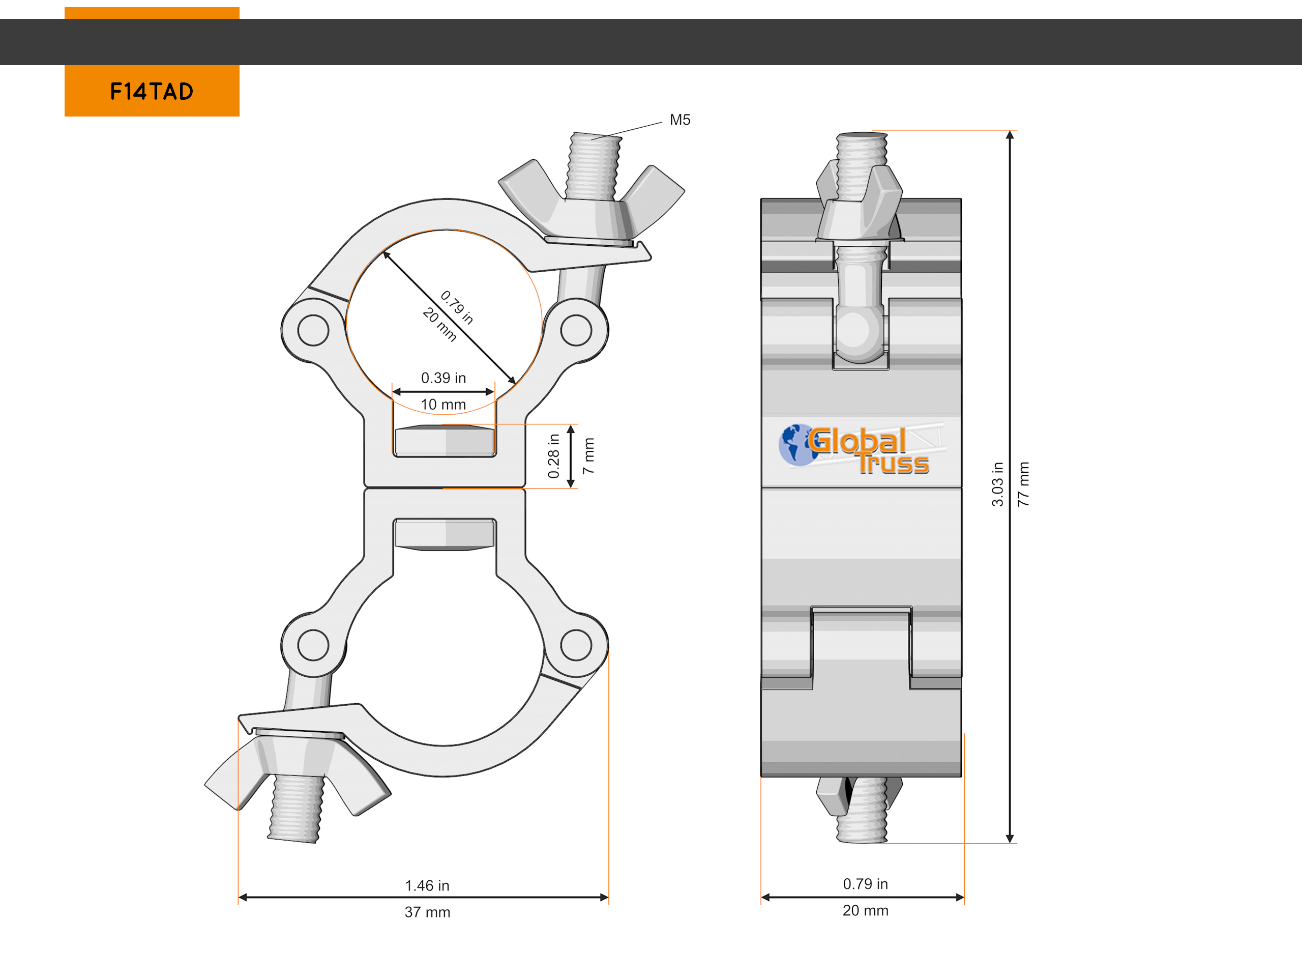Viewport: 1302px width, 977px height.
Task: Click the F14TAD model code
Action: (x=152, y=91)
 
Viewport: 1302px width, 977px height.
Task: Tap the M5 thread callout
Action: (x=680, y=120)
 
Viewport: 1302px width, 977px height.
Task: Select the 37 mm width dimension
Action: (x=427, y=912)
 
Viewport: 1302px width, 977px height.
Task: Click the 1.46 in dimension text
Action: (x=427, y=886)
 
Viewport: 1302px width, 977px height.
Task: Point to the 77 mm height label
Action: (x=1024, y=484)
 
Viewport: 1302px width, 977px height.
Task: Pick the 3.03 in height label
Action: (x=998, y=484)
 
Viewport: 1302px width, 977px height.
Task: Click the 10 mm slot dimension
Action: (x=443, y=405)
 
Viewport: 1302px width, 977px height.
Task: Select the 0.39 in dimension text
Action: (x=443, y=378)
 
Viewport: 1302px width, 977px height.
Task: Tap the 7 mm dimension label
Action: (x=588, y=456)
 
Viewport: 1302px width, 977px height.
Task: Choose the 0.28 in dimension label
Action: (x=554, y=456)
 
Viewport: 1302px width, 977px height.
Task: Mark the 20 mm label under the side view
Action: (x=865, y=910)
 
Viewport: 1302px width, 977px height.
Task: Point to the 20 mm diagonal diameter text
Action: (x=439, y=325)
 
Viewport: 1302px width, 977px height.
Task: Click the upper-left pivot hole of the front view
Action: (x=313, y=330)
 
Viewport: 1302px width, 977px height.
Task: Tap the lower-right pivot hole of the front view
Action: (x=576, y=645)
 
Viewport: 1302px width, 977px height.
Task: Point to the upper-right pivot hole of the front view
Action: (x=576, y=330)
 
